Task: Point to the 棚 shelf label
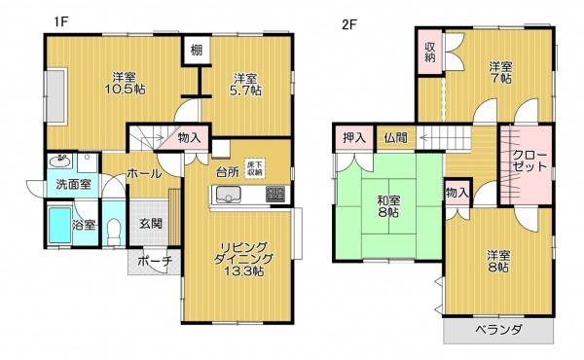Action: (x=195, y=51)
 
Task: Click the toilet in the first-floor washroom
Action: (x=114, y=230)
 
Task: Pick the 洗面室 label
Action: (x=72, y=183)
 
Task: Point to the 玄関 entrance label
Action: (x=150, y=223)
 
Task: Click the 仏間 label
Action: (x=395, y=138)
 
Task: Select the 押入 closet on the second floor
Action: (x=353, y=138)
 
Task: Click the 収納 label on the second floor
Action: (x=430, y=52)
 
